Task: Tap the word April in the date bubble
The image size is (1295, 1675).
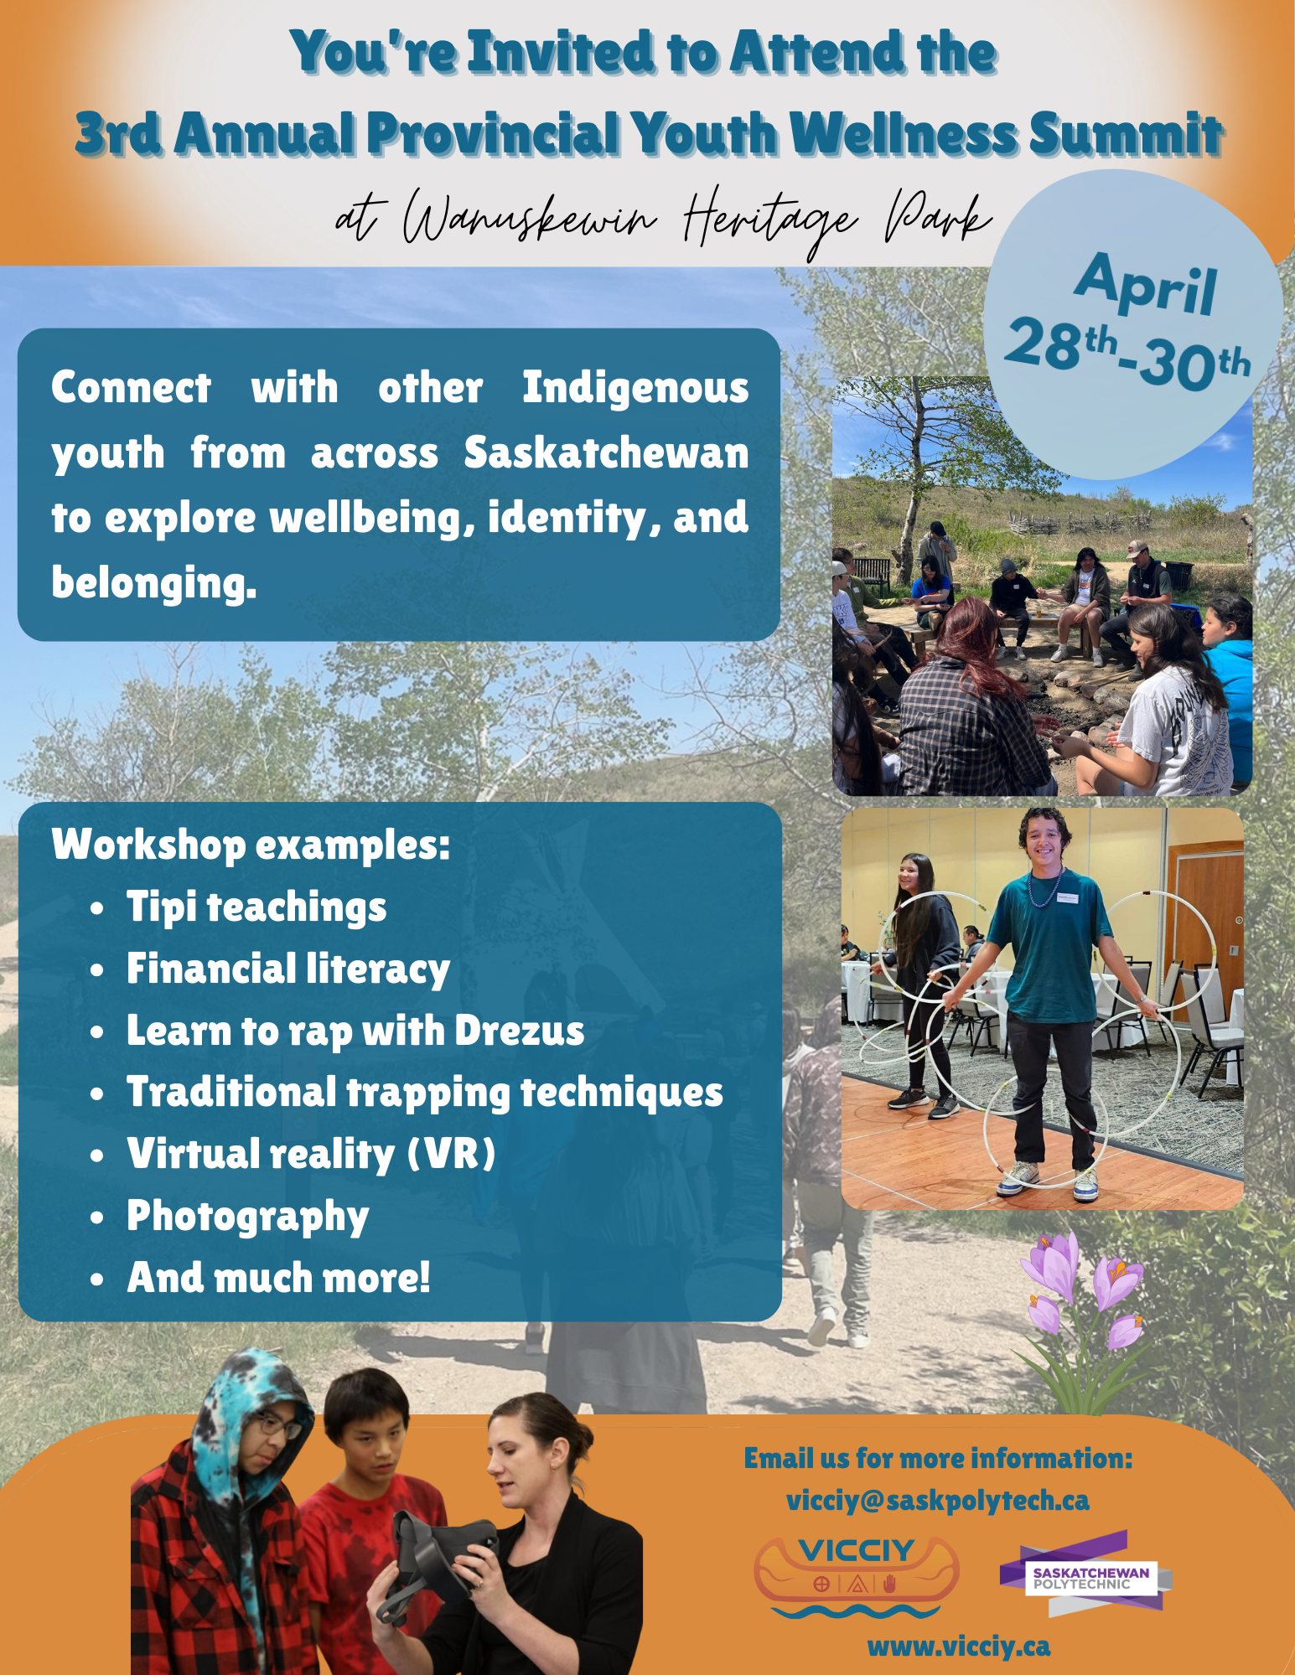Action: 1145,285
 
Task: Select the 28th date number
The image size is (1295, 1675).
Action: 1060,344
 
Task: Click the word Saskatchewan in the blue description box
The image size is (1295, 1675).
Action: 606,452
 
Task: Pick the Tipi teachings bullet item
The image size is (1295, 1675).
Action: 256,908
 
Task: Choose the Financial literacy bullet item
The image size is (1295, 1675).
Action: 288,970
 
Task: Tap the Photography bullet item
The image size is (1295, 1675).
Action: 248,1217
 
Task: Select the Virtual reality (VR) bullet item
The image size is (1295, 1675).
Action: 311,1155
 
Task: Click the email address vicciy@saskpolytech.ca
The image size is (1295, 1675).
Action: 938,1500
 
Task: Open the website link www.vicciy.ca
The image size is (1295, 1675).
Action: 959,1647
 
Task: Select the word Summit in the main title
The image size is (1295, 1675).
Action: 1125,134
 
